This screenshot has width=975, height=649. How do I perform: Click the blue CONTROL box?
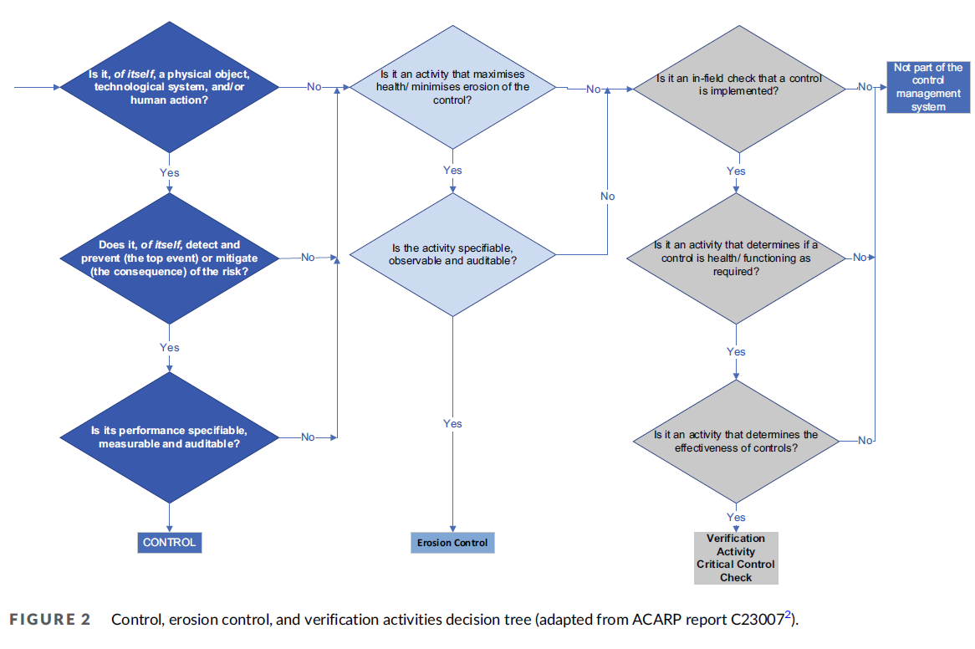169,543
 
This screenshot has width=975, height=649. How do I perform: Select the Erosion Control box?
452,543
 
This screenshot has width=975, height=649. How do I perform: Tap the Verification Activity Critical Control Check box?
736,558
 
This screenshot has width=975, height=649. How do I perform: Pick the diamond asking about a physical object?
169,87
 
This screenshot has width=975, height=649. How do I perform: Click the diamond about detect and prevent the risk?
169,258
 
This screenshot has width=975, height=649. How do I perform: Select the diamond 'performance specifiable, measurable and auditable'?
169,437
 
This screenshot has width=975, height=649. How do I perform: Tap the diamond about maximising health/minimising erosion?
452,87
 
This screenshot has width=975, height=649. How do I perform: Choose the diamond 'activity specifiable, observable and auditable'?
452,254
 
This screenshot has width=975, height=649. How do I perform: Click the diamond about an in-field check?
736,87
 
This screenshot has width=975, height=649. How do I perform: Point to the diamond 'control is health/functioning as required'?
736,258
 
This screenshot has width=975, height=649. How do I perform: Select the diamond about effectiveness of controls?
736,441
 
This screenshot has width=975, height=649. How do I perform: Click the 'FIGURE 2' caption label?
49,620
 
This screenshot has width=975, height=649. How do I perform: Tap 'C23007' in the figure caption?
758,620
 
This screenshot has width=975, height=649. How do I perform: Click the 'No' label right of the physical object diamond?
314,87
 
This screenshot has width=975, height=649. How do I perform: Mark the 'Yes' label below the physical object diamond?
169,173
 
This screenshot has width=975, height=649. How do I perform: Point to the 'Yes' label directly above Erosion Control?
452,424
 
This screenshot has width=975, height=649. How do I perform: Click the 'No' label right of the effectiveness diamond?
865,441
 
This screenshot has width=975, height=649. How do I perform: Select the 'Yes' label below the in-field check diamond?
736,171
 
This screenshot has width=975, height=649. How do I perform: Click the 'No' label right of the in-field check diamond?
865,87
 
